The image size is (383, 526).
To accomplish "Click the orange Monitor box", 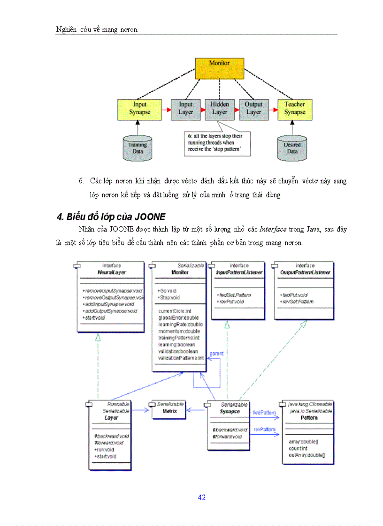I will [x=219, y=68].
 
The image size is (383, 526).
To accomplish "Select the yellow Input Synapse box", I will [x=139, y=109].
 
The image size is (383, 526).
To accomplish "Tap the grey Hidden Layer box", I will [x=219, y=109].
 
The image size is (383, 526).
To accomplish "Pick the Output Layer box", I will [x=253, y=109].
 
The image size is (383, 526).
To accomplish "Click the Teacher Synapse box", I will [x=295, y=109].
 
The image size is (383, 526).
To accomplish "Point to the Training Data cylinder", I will [x=138, y=148].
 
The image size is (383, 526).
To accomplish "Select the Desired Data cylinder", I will [x=292, y=148].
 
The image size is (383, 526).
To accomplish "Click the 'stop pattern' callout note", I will [x=216, y=144].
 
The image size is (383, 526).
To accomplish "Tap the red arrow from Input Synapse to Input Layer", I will [x=166, y=109].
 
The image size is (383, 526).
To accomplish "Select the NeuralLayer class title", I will [x=111, y=272].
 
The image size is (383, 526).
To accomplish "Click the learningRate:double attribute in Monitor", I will [x=180, y=324].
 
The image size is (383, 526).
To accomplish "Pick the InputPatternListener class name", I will [x=239, y=272].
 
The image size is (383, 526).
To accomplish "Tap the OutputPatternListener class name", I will [x=305, y=272].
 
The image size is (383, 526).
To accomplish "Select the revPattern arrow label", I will [x=264, y=429].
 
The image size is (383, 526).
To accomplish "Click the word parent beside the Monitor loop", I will [x=216, y=353].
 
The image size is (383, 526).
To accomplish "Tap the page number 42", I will [x=202, y=497].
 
